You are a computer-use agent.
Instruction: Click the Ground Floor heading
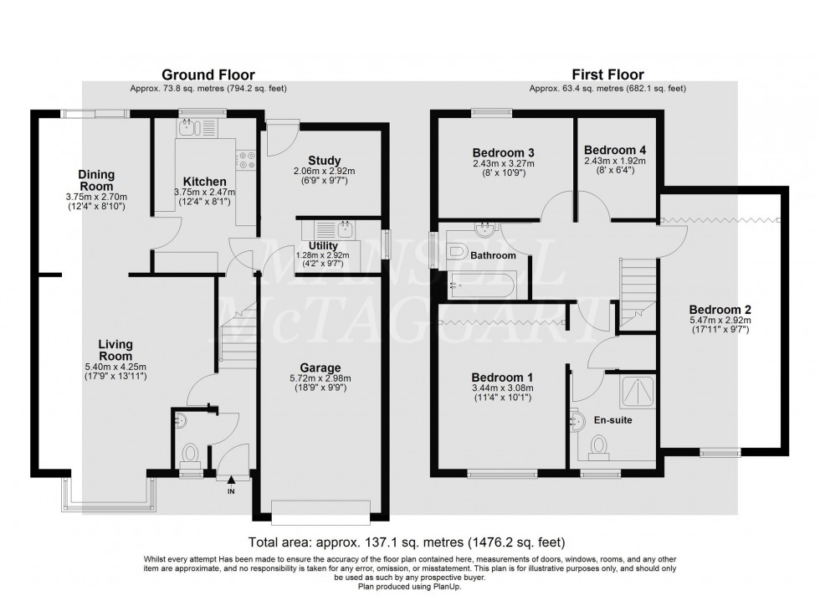[x=208, y=75]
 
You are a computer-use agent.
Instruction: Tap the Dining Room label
[x=97, y=180]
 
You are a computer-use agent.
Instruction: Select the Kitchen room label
[x=205, y=182]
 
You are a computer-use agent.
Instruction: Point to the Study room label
[x=323, y=160]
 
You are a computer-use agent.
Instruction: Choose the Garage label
[x=322, y=367]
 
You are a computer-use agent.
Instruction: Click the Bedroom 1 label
[x=503, y=377]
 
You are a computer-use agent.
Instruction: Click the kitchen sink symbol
[x=186, y=127]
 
